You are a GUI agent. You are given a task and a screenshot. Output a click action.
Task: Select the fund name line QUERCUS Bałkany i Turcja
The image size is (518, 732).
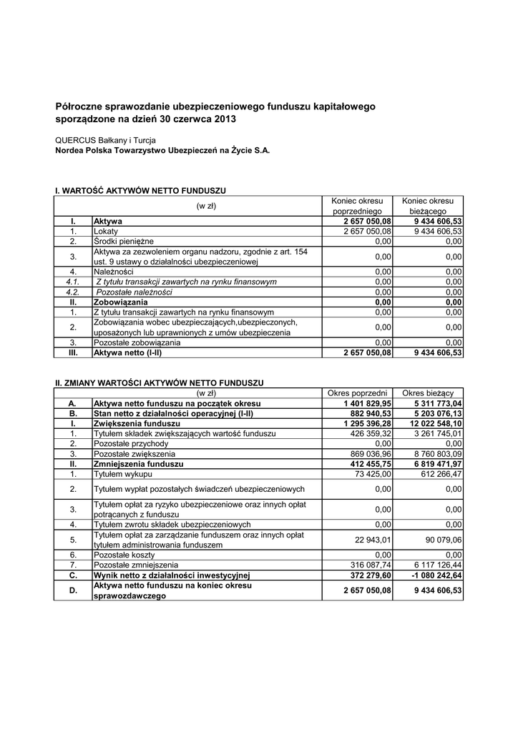pyautogui.click(x=105, y=140)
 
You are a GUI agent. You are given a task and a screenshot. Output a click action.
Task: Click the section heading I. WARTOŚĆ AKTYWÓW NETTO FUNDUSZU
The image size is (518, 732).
pyautogui.click(x=141, y=192)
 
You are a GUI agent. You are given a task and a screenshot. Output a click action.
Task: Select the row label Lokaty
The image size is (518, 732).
pyautogui.click(x=106, y=232)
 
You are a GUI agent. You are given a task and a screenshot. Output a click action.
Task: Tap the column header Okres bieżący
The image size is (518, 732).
pyautogui.click(x=432, y=393)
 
